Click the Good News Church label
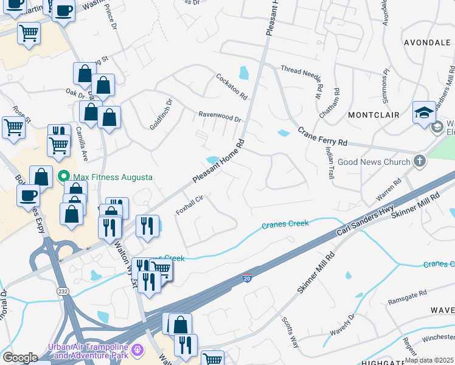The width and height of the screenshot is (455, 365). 373,162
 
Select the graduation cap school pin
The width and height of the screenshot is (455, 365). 424,113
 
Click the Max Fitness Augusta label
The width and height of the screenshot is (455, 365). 112,177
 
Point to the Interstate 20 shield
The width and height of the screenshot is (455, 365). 247,277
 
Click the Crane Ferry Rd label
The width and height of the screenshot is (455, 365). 322,136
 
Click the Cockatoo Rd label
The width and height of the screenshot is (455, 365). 232,87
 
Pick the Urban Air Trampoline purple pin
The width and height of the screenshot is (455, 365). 137,350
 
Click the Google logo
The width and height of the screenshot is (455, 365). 20,358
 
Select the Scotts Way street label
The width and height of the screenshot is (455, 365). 290,332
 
